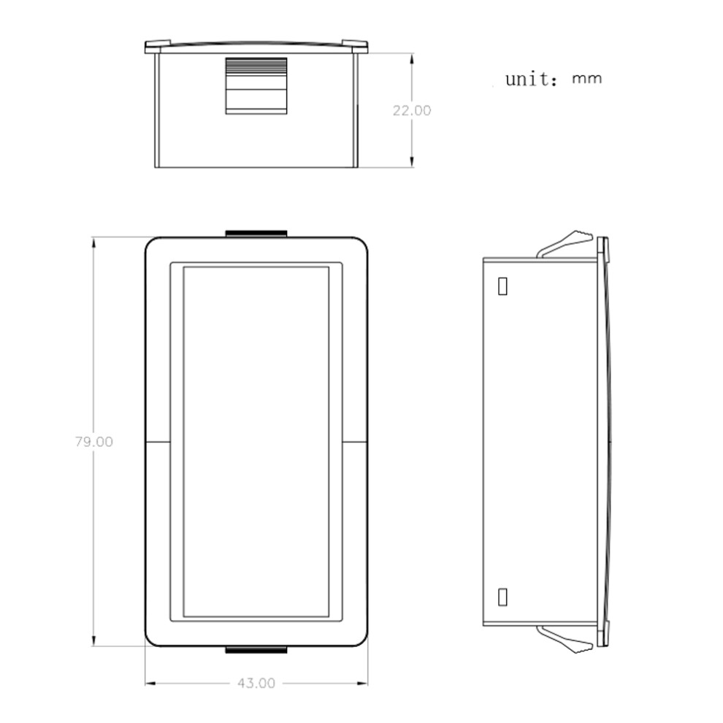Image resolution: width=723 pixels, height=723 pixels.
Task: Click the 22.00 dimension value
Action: (412, 111)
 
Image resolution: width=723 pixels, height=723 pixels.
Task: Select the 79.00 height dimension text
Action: (93, 442)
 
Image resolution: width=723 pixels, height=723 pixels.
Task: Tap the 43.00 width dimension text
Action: (256, 683)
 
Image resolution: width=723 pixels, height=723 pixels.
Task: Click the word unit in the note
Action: (531, 79)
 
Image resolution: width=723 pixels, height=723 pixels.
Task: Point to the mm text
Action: (587, 78)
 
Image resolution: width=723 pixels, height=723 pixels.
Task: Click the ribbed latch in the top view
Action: (256, 85)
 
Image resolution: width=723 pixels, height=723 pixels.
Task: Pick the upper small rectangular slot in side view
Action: (502, 286)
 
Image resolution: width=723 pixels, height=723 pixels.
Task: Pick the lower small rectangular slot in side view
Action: (502, 597)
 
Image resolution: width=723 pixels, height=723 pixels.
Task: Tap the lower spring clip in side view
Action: (565, 640)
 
